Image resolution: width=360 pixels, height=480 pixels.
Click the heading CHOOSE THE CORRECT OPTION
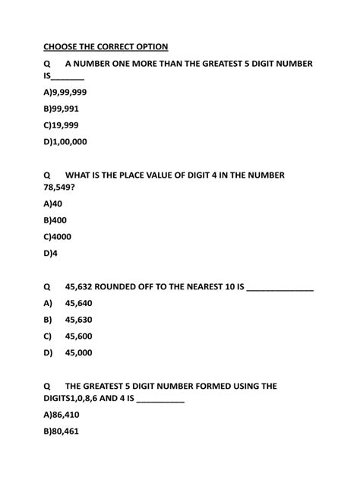tap(106, 47)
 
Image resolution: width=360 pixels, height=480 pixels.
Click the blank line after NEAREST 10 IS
tap(280, 289)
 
